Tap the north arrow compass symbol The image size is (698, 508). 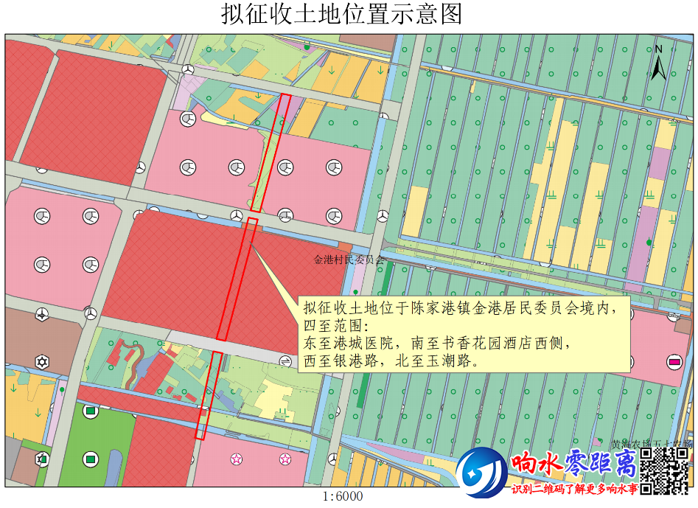[659, 62]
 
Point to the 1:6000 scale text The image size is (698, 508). [343, 497]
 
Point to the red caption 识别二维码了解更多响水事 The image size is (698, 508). [574, 489]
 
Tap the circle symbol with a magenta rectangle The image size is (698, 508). [674, 361]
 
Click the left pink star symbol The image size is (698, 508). [237, 459]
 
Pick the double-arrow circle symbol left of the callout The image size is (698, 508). [286, 360]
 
